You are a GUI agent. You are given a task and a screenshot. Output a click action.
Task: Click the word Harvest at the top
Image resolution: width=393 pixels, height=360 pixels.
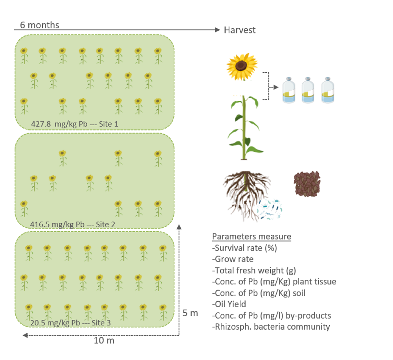pos(239,30)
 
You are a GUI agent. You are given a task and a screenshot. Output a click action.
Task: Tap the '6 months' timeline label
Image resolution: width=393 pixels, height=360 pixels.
pos(39,25)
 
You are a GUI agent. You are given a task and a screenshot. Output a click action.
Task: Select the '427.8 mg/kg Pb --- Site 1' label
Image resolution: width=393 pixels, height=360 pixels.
pos(75,124)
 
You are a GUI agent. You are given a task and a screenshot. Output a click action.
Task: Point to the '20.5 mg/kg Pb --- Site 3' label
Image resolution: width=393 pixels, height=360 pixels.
pos(70,323)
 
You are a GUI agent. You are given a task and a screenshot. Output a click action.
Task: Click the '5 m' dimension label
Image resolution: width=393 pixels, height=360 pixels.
pos(190,313)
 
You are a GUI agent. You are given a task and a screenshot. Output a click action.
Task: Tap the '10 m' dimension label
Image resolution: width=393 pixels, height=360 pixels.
pos(104,340)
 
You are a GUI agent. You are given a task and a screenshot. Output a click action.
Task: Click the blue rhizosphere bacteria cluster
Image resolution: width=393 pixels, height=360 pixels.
pos(270,207)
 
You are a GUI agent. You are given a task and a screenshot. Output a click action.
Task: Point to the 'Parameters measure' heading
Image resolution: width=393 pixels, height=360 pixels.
pos(252,236)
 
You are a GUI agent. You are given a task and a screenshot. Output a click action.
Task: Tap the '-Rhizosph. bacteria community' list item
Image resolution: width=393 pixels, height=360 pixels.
pos(271,327)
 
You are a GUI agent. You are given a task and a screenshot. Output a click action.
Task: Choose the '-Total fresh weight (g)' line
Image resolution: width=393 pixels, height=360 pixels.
pos(253,270)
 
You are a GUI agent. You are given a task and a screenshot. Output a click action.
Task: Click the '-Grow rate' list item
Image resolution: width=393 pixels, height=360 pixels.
pos(233,259)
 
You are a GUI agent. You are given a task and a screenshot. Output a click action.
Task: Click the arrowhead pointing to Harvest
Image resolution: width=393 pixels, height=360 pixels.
pos(217,30)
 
